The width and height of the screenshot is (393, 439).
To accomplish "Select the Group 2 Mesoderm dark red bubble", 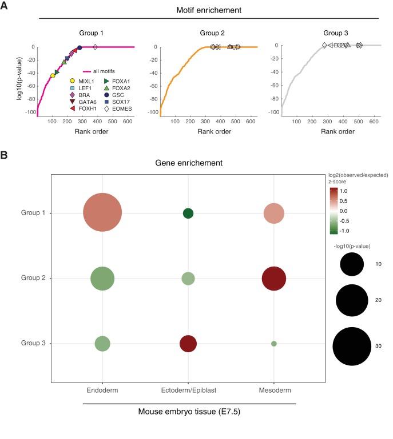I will pyautogui.click(x=273, y=279).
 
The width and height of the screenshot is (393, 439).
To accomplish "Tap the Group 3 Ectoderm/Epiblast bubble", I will pyautogui.click(x=188, y=344).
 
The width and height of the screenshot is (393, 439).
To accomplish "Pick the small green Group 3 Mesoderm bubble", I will pyautogui.click(x=274, y=344).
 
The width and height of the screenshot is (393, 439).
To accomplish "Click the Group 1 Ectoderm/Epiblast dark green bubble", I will pyautogui.click(x=188, y=214).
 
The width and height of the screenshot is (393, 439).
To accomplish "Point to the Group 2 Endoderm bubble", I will pyautogui.click(x=102, y=279).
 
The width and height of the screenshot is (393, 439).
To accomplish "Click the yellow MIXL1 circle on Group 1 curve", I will pyautogui.click(x=53, y=75).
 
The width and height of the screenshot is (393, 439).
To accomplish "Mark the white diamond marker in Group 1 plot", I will pyautogui.click(x=95, y=47).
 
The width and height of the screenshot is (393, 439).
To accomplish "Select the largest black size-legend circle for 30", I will pyautogui.click(x=352, y=345).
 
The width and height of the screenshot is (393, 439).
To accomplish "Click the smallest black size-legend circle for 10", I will pyautogui.click(x=352, y=264).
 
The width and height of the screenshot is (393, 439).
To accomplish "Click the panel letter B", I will pyautogui.click(x=5, y=154).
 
